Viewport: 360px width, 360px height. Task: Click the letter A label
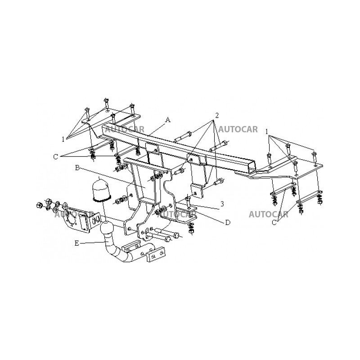[x=168, y=120]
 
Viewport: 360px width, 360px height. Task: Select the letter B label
[x=77, y=168]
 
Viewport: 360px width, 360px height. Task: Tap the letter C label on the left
[x=55, y=157]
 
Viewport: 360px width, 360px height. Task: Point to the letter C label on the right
[x=274, y=222]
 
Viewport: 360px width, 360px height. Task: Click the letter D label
[x=228, y=222]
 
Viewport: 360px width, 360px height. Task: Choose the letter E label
[x=76, y=243]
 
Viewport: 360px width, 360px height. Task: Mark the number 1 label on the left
[x=63, y=139]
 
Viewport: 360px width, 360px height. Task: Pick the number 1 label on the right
[x=267, y=132]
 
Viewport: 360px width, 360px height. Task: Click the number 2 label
[x=216, y=116]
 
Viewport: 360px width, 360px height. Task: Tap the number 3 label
[x=222, y=203]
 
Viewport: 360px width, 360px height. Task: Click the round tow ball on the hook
[x=107, y=229]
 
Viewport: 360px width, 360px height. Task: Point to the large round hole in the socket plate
[x=71, y=218]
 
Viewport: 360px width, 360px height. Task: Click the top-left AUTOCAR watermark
[x=125, y=129]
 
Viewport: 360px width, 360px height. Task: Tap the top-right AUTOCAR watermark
[x=238, y=129]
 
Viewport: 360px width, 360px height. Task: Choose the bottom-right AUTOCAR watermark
[x=268, y=215]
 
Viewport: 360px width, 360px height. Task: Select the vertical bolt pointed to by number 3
[x=189, y=200]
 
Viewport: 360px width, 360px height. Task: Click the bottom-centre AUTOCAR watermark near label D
[x=177, y=215]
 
